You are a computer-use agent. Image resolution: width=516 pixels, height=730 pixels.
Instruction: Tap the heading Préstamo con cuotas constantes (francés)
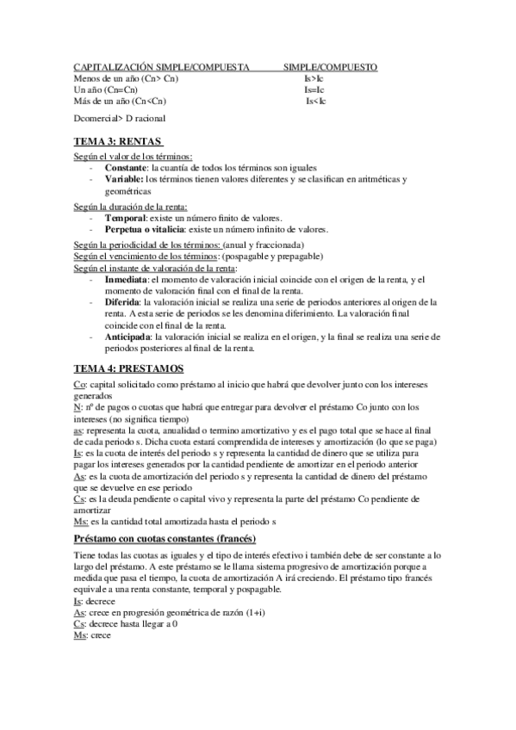(165, 538)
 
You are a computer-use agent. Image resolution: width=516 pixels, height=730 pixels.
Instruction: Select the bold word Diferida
(122, 302)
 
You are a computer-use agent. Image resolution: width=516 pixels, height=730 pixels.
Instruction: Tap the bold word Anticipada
(130, 337)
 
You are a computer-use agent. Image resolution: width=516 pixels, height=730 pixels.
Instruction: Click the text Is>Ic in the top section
(314, 78)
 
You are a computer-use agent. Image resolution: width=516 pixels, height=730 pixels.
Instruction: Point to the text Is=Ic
(314, 90)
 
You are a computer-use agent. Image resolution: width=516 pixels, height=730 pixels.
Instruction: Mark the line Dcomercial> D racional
(120, 118)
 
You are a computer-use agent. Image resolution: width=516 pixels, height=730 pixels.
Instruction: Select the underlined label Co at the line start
(80, 383)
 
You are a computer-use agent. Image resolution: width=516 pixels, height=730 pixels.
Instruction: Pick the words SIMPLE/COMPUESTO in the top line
(330, 66)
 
